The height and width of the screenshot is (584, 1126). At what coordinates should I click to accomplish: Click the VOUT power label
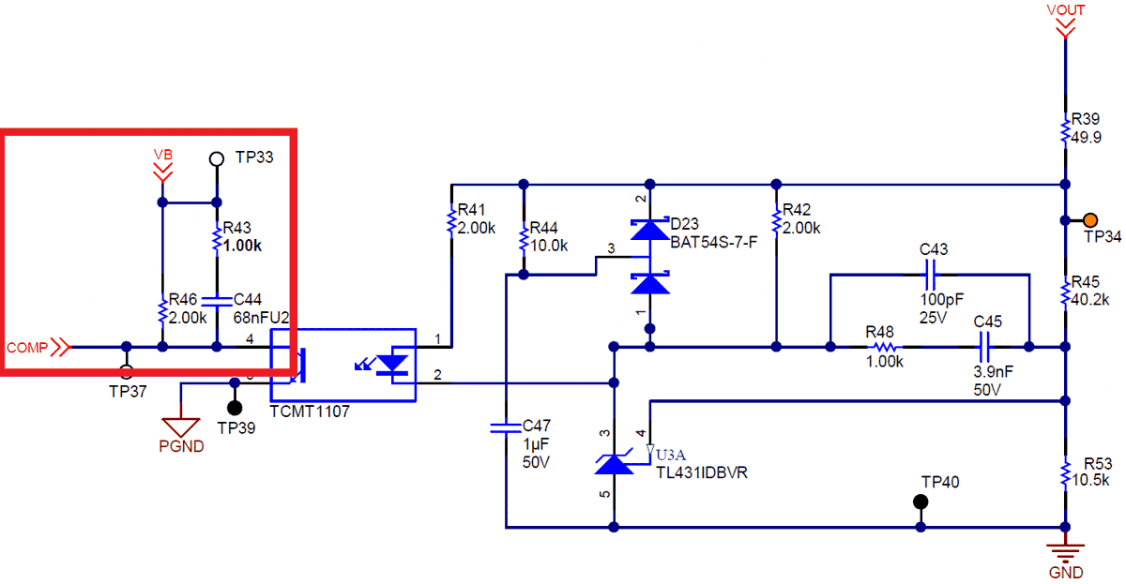[1065, 10]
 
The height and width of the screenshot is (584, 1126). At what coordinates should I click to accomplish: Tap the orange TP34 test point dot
[1090, 220]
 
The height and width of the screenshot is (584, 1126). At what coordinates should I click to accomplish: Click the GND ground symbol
[1065, 552]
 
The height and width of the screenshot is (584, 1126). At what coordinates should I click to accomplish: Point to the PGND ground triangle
[182, 427]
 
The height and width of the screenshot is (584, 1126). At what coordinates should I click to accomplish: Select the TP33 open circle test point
[216, 158]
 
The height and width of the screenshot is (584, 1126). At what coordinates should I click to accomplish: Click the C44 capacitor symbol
[217, 302]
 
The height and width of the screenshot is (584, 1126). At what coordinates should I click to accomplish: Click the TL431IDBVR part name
[701, 472]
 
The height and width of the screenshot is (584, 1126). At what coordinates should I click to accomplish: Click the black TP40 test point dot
[921, 502]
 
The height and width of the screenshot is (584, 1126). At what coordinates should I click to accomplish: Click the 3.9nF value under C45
[989, 371]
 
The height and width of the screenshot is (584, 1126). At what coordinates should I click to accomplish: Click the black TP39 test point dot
[234, 408]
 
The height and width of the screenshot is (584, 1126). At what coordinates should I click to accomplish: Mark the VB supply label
[163, 154]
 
